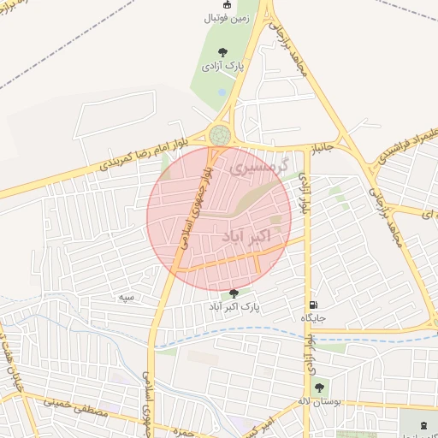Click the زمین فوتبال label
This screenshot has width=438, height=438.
coord(227,16)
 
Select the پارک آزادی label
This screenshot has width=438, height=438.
coord(222,65)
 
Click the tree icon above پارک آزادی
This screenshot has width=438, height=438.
coord(222,51)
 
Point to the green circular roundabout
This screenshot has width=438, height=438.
coord(220,135)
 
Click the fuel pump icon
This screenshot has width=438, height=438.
coord(314,305)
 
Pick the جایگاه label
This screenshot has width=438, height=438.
coord(314,318)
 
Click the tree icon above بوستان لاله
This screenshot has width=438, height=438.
coord(319,388)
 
